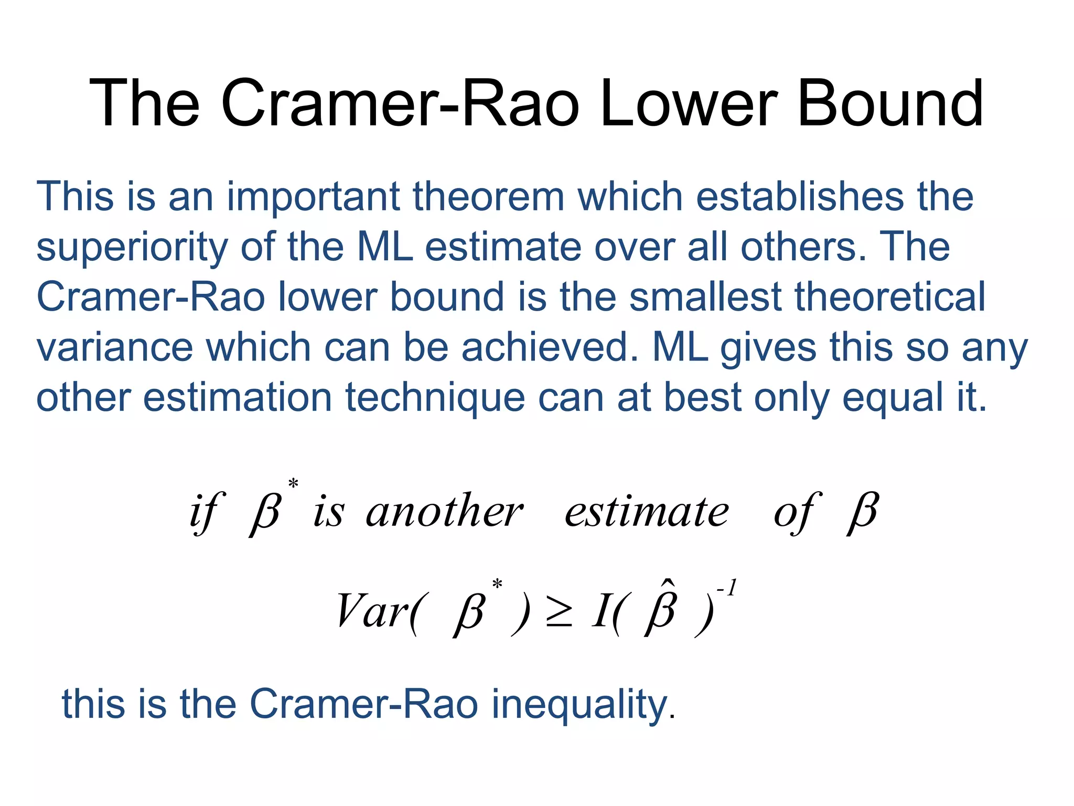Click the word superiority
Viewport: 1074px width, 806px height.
(x=132, y=247)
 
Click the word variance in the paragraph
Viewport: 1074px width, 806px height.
(x=114, y=347)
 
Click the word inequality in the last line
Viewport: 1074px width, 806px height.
(x=582, y=704)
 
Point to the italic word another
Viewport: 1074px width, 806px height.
(x=444, y=512)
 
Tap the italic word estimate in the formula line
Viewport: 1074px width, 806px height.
(x=646, y=512)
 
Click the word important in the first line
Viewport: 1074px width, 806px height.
(x=313, y=197)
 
